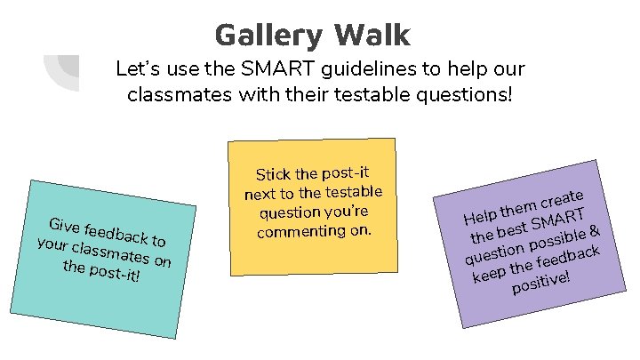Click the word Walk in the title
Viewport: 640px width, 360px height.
click(x=372, y=35)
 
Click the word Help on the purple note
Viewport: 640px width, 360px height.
click(x=479, y=217)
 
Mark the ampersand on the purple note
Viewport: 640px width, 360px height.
click(x=596, y=230)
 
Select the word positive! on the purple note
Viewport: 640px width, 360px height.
click(x=540, y=284)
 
